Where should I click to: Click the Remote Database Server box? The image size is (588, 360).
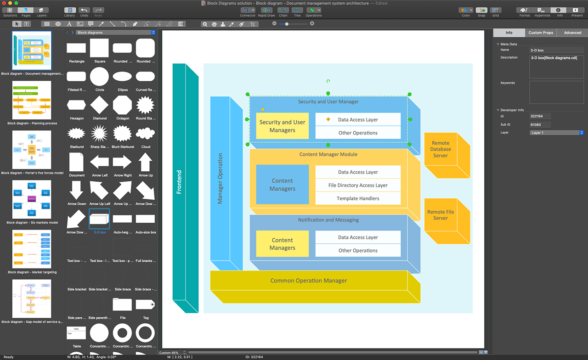coord(441,149)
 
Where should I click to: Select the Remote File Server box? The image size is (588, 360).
coord(441,215)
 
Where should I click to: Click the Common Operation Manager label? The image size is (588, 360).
coord(308,281)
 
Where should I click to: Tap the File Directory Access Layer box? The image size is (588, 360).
coord(358,186)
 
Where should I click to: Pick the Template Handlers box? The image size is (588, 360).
coord(358,198)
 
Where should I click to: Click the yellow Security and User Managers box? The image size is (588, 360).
coord(282,126)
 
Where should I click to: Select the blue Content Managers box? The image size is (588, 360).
coord(282,185)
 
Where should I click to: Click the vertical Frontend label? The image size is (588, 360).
coord(179,182)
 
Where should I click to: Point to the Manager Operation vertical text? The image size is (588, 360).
coord(220,179)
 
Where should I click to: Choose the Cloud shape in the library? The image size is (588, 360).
coord(145,134)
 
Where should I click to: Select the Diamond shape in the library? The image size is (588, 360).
coord(99,105)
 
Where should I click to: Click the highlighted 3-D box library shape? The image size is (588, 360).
coord(99,219)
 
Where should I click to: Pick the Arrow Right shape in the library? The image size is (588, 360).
coord(122,162)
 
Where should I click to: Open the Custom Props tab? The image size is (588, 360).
coord(541,33)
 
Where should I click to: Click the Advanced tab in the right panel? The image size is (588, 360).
coord(572,33)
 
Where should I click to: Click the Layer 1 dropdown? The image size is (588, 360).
coord(556,133)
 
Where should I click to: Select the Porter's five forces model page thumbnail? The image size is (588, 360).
coord(32,150)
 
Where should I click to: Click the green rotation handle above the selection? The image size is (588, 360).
coord(328,81)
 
